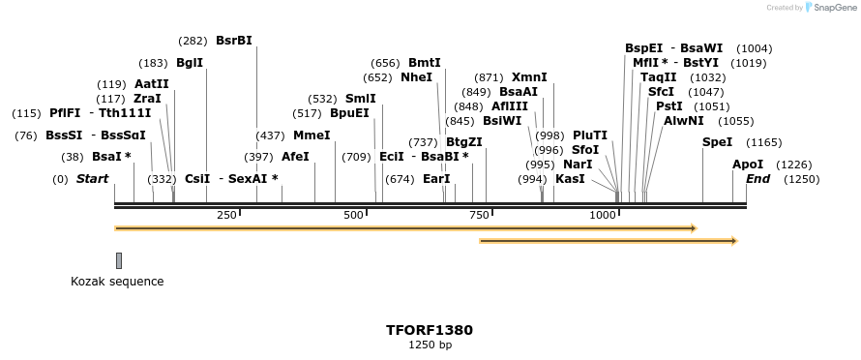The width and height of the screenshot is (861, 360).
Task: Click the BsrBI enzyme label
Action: tap(233, 41)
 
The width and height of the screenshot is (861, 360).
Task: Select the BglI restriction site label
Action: tap(190, 63)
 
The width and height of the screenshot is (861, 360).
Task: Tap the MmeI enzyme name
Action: tap(312, 135)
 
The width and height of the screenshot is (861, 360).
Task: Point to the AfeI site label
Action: tap(295, 156)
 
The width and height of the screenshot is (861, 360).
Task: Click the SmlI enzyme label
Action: tap(361, 99)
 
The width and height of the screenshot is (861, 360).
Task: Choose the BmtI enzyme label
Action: tap(425, 63)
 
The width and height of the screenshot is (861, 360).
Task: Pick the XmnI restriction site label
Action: tap(529, 77)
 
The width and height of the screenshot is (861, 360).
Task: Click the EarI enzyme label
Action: tap(436, 179)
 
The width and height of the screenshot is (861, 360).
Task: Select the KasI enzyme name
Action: tap(570, 179)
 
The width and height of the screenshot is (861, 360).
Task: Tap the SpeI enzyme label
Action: tap(718, 142)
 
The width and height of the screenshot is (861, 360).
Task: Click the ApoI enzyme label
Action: tap(748, 165)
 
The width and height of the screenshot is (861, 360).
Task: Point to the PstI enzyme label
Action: tap(669, 106)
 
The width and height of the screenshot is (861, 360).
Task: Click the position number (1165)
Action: tap(764, 142)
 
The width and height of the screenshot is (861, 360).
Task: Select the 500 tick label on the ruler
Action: tap(353, 215)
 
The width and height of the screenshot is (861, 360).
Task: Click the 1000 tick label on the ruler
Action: tap(603, 215)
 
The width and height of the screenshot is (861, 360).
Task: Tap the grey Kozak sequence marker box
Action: tap(119, 260)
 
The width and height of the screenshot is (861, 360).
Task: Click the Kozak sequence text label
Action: tap(117, 282)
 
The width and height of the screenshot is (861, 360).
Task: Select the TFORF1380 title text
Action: tap(430, 330)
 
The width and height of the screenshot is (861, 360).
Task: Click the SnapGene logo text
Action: tap(833, 8)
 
